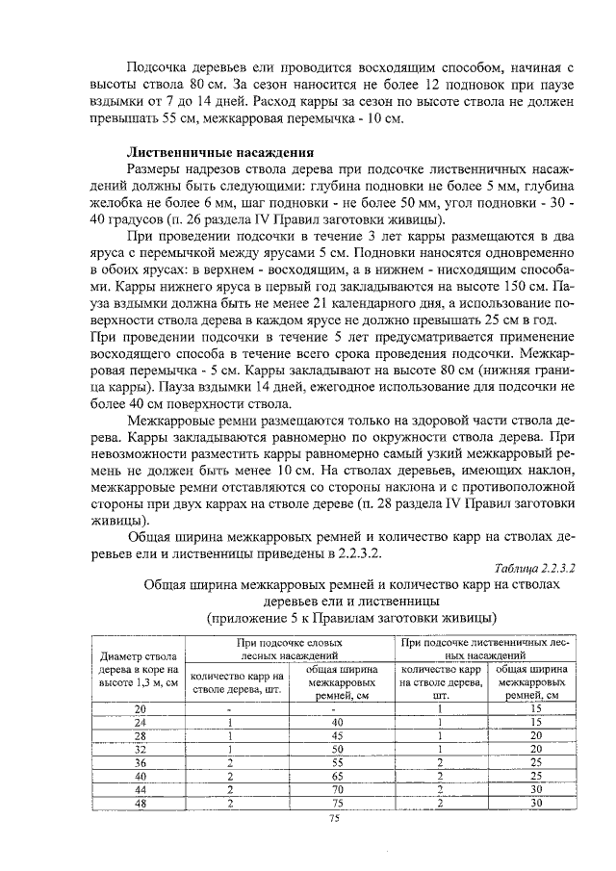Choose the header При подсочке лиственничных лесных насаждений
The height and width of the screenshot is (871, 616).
click(x=485, y=648)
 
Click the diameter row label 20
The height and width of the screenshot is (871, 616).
click(x=140, y=708)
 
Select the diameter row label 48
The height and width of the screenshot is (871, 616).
click(x=140, y=803)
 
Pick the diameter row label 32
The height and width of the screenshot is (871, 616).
click(x=140, y=749)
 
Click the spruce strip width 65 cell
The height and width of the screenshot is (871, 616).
click(x=337, y=776)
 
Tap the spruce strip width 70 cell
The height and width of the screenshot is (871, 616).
click(x=337, y=789)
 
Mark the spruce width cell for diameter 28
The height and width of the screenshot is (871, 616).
click(x=337, y=735)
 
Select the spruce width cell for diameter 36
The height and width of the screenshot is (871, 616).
click(x=337, y=762)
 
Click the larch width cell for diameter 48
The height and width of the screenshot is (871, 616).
click(x=536, y=803)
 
